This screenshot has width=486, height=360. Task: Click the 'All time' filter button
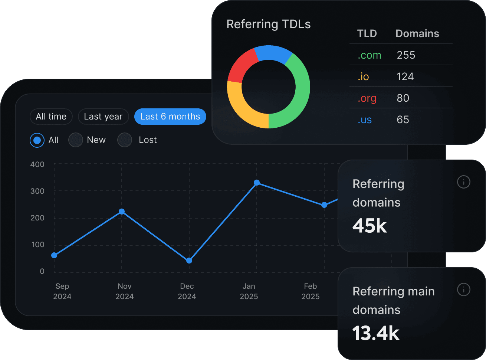51,117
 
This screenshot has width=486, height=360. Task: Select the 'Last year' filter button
103,117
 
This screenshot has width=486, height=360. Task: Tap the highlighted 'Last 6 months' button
170,117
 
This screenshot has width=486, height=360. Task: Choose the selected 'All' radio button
37,140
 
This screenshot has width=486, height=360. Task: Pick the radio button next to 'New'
76,140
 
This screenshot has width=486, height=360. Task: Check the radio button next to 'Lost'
125,140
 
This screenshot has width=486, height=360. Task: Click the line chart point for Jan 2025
257,183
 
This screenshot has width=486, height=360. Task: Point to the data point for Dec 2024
189,261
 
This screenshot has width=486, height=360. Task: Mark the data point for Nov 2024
122,212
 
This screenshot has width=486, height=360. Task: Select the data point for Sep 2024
54,255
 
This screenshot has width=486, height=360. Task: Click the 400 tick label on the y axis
37,164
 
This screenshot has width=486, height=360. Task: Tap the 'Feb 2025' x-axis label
311,291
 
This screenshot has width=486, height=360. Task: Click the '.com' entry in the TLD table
369,55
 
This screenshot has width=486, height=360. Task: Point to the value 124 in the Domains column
405,77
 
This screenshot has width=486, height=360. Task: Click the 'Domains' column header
417,34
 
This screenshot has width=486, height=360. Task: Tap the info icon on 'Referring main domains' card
463,289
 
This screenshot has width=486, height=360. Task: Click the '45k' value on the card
370,226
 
